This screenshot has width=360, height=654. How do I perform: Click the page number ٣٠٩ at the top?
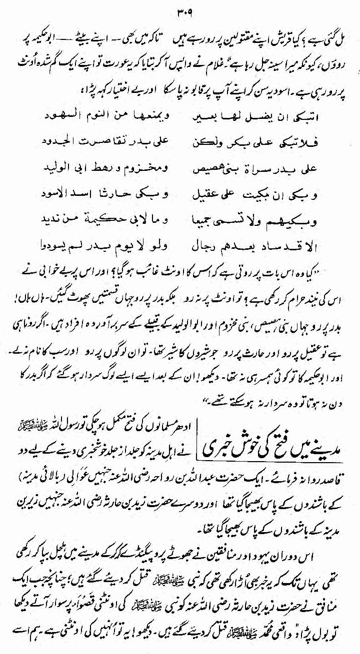[182, 11]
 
